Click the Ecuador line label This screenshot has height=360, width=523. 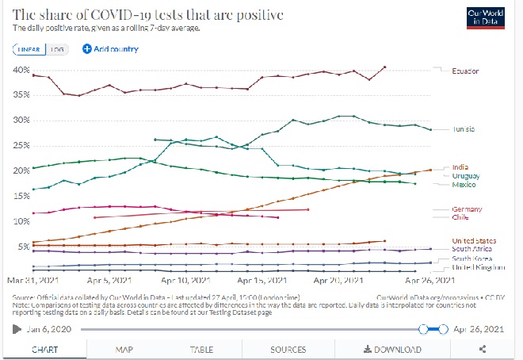point(465,71)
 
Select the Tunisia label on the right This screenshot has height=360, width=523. point(464,130)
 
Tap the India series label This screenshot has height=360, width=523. point(460,167)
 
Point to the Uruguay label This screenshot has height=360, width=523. point(465,175)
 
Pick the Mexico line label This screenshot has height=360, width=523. point(464,184)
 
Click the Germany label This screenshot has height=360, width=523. point(466,209)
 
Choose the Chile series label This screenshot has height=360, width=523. point(460,216)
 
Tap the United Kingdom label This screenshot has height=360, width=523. point(477,267)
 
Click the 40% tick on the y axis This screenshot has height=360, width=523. point(21,70)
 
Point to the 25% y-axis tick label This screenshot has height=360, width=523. point(21,146)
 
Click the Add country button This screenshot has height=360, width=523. point(110,49)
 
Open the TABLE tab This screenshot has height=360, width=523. point(201,349)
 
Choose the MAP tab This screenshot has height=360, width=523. point(124,349)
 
